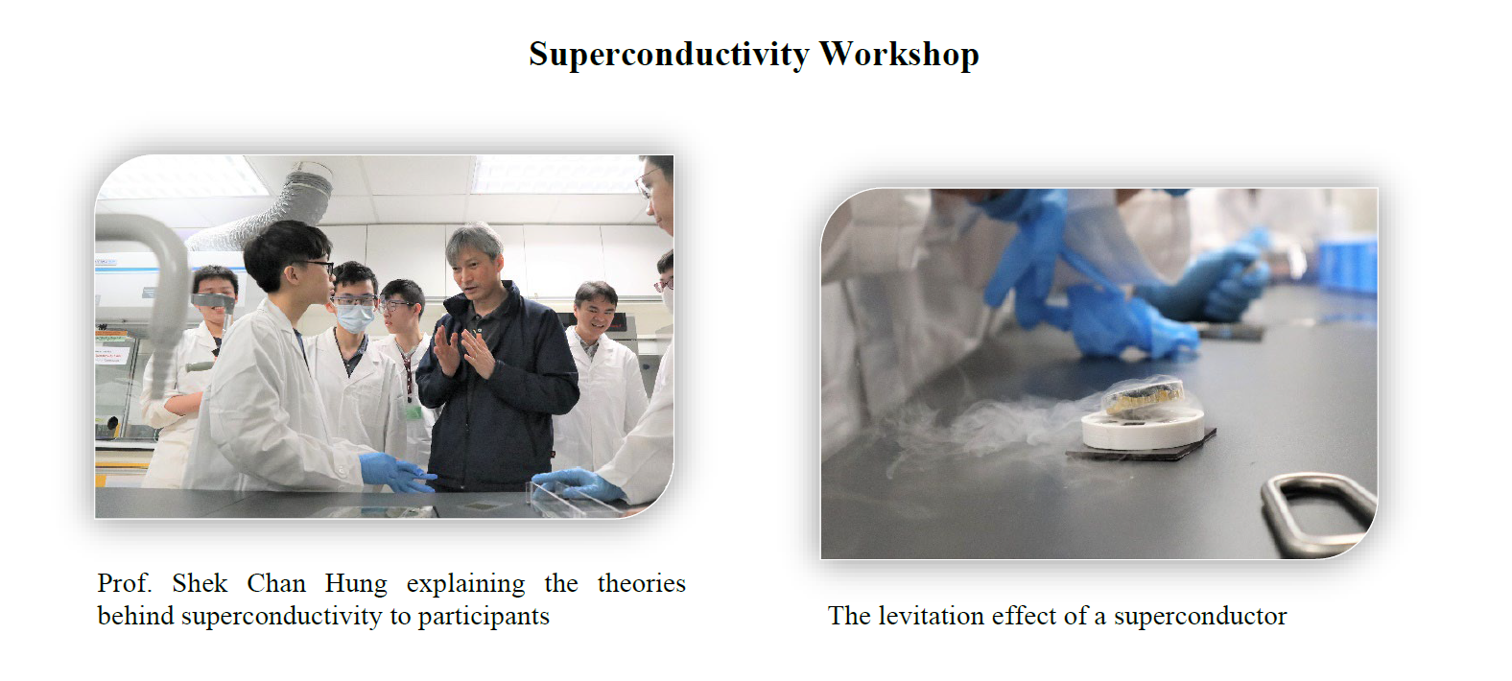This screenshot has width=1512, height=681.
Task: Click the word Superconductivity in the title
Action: pyautogui.click(x=669, y=55)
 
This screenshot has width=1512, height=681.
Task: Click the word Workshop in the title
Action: pyautogui.click(x=899, y=54)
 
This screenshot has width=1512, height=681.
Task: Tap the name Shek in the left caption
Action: pyautogui.click(x=200, y=583)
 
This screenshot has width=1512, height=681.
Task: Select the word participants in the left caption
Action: pyautogui.click(x=484, y=616)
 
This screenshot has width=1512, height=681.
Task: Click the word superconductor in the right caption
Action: pyautogui.click(x=1200, y=617)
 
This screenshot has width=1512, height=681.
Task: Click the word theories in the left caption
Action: pyautogui.click(x=641, y=583)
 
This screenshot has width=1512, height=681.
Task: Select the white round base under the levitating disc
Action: pyautogui.click(x=1143, y=430)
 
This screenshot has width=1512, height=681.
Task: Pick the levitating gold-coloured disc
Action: pyautogui.click(x=1144, y=395)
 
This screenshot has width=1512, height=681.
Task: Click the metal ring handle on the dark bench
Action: pyautogui.click(x=1316, y=514)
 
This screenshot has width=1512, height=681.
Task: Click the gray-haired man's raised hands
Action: pyautogui.click(x=465, y=352)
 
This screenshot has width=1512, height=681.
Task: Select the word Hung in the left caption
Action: pyautogui.click(x=356, y=584)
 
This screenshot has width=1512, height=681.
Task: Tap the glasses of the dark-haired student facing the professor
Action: pyautogui.click(x=315, y=267)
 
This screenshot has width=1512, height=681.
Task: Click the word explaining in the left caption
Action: pyautogui.click(x=465, y=584)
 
